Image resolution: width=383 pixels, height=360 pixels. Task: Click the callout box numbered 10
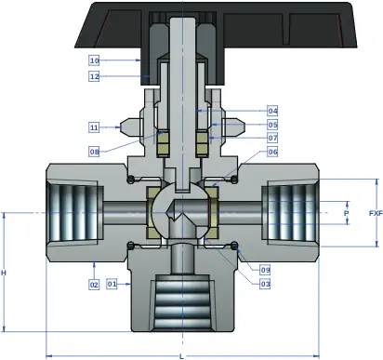94,60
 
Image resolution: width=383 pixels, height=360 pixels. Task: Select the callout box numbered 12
94,76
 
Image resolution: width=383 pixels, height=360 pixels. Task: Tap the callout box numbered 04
272,111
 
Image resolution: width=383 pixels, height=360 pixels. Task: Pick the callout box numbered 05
272,125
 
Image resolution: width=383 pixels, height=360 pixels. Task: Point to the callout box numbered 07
272,138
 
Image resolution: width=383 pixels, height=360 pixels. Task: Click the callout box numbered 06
272,152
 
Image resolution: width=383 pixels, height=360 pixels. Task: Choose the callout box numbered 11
94,127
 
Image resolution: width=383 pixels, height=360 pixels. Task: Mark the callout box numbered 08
94,152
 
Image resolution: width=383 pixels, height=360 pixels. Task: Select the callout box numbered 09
265,270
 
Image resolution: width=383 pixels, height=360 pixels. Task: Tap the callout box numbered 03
265,284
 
